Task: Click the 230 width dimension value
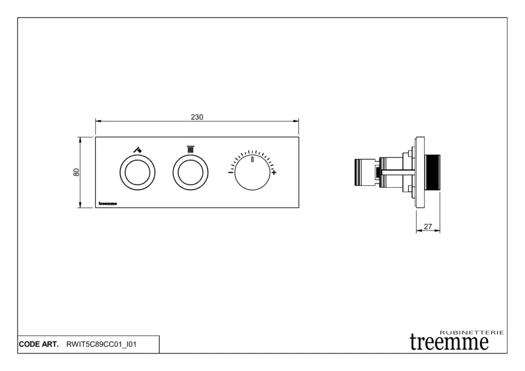[x=197, y=117]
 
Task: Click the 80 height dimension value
[x=76, y=172]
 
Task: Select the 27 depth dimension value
[x=428, y=227]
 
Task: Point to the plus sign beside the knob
[x=274, y=172]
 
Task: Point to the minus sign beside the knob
[x=230, y=172]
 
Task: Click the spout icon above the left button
[x=137, y=149]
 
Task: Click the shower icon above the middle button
[x=190, y=149]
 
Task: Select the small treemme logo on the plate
[x=108, y=203]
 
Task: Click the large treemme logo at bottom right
[x=449, y=342]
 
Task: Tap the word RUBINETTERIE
[x=472, y=333]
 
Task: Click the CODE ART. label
[x=38, y=344]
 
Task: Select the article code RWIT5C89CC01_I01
[x=102, y=344]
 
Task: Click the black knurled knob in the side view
[x=433, y=172]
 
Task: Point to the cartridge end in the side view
[x=361, y=172]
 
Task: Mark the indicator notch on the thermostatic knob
[x=252, y=159]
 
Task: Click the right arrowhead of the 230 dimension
[x=296, y=121]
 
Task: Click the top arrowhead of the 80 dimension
[x=80, y=140]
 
